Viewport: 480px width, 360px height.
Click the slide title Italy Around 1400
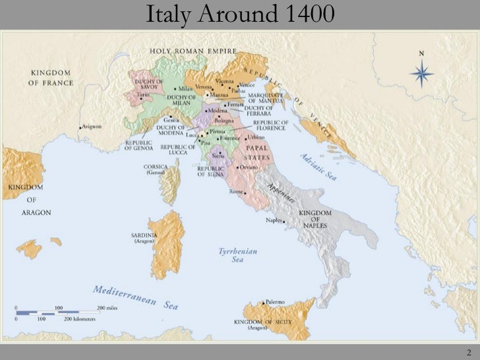click(240, 14)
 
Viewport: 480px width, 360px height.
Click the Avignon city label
click(92, 127)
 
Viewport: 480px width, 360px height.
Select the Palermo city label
click(276, 302)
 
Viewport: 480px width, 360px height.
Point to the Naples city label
click(274, 220)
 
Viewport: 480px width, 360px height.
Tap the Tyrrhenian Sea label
click(237, 255)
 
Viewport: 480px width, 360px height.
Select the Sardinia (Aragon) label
click(144, 238)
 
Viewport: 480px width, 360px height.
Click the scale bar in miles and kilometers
click(59, 313)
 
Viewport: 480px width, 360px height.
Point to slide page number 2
click(468, 351)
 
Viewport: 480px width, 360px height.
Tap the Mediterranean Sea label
click(135, 297)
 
